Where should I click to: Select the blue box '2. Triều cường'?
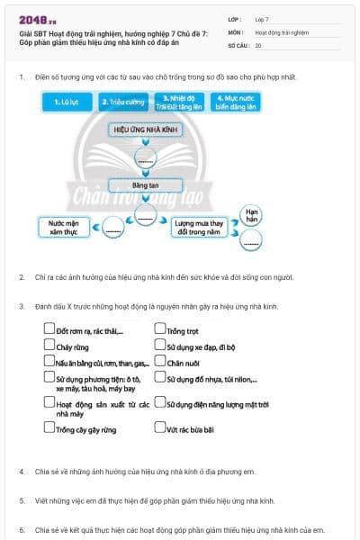[122, 103]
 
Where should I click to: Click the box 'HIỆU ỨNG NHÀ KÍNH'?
[145, 130]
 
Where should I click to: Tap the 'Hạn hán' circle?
[253, 215]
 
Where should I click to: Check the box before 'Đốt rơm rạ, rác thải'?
[49, 329]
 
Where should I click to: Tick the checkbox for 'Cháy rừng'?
[49, 345]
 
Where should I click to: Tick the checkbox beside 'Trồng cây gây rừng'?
[49, 428]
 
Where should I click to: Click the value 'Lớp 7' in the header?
[262, 18]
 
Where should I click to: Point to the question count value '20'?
[258, 44]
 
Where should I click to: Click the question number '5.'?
[22, 499]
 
